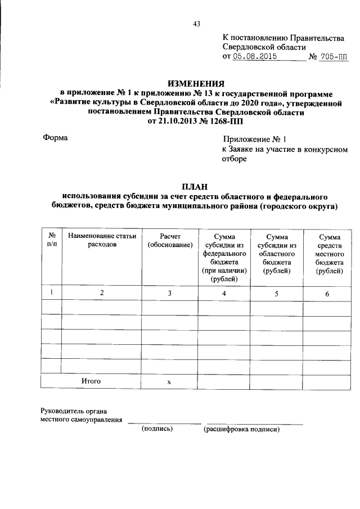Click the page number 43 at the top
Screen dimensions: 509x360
(x=196, y=24)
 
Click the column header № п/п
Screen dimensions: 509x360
(x=51, y=241)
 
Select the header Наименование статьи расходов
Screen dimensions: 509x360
(x=102, y=241)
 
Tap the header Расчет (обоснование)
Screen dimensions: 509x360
(x=169, y=241)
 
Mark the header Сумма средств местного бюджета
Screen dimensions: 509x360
(x=330, y=254)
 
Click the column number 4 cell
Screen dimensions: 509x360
(x=224, y=293)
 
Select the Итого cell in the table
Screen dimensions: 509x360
(x=91, y=381)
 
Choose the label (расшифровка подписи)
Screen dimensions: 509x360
(x=241, y=429)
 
